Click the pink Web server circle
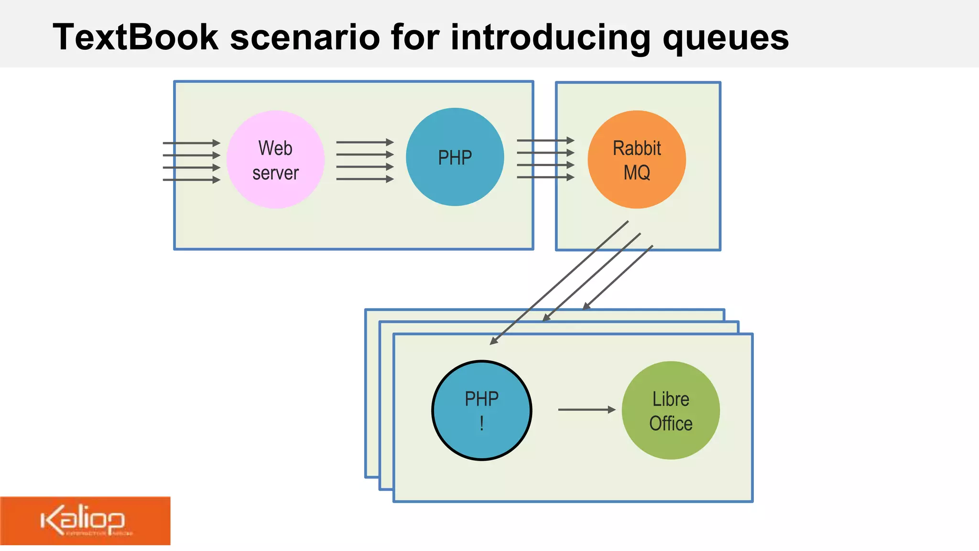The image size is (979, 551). pos(275,160)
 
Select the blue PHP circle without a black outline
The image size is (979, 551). pos(455,157)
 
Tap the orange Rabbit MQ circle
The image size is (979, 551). pos(637,160)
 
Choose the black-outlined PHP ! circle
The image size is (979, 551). pos(481,410)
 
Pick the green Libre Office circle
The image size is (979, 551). pos(671,410)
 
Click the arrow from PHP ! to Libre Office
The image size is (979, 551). pos(586,409)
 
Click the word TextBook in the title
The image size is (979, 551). pos(135,37)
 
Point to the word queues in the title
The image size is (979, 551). pos(725,37)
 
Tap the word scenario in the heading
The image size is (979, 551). pos(305,37)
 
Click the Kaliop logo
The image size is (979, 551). pos(85,521)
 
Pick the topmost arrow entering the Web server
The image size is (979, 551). pos(191,143)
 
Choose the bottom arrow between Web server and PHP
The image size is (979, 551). pos(365,179)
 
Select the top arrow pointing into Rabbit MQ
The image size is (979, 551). pos(545,141)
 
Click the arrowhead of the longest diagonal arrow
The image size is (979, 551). pos(494,341)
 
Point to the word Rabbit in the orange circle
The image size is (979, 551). pos(637,148)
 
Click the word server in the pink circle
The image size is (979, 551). pos(275,173)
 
